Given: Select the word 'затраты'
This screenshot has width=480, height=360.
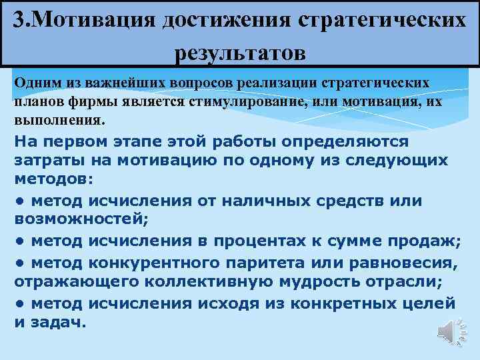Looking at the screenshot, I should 44,161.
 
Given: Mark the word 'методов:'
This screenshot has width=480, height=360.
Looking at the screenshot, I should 54,181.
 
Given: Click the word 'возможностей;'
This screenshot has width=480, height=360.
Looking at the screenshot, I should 83,219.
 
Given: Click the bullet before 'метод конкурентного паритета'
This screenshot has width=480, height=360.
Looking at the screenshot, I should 21,265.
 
